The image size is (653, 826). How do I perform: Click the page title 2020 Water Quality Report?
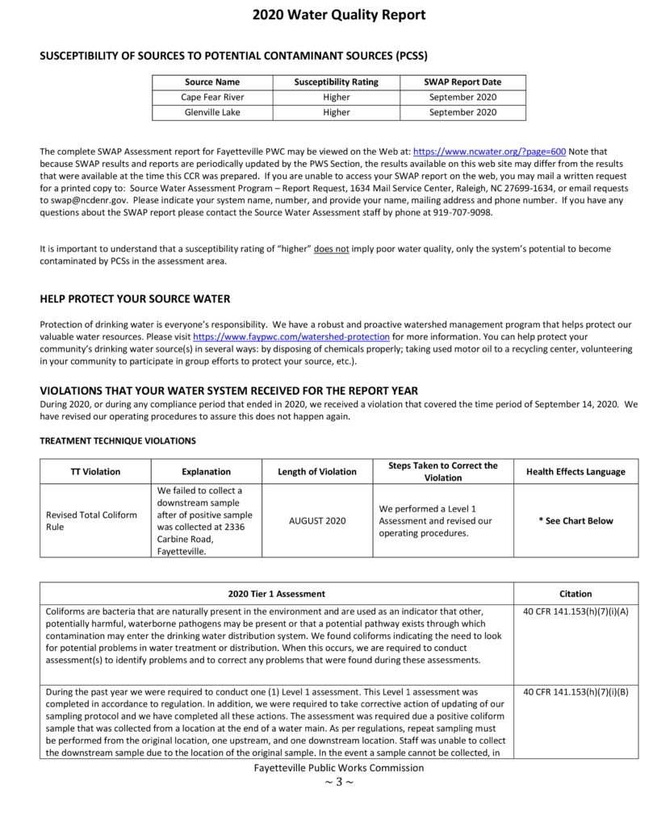click(x=338, y=15)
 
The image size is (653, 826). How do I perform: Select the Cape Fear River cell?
click(x=211, y=97)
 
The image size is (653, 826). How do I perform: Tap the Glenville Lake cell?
click(x=211, y=112)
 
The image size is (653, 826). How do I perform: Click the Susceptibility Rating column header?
click(x=336, y=81)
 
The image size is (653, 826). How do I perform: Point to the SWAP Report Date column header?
click(x=462, y=81)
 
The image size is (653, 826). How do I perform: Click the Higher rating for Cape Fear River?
click(x=336, y=97)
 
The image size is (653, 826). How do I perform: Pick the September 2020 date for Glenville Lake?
click(x=462, y=112)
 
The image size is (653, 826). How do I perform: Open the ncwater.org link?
click(x=489, y=152)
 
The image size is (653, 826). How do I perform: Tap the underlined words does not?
click(x=331, y=249)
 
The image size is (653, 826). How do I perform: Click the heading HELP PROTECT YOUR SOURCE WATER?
click(x=135, y=298)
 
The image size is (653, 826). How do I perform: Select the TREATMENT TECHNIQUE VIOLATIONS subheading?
click(x=117, y=441)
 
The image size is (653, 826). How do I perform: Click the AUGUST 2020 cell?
click(x=316, y=520)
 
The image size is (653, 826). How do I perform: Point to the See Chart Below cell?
click(x=576, y=520)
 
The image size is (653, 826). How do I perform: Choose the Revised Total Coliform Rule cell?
click(x=91, y=520)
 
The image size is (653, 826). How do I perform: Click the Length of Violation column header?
click(x=316, y=472)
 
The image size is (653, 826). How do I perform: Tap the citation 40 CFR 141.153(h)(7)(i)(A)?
click(x=575, y=611)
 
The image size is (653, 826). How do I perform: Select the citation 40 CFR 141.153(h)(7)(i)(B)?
click(x=575, y=692)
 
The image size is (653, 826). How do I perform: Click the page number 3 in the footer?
click(x=338, y=782)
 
